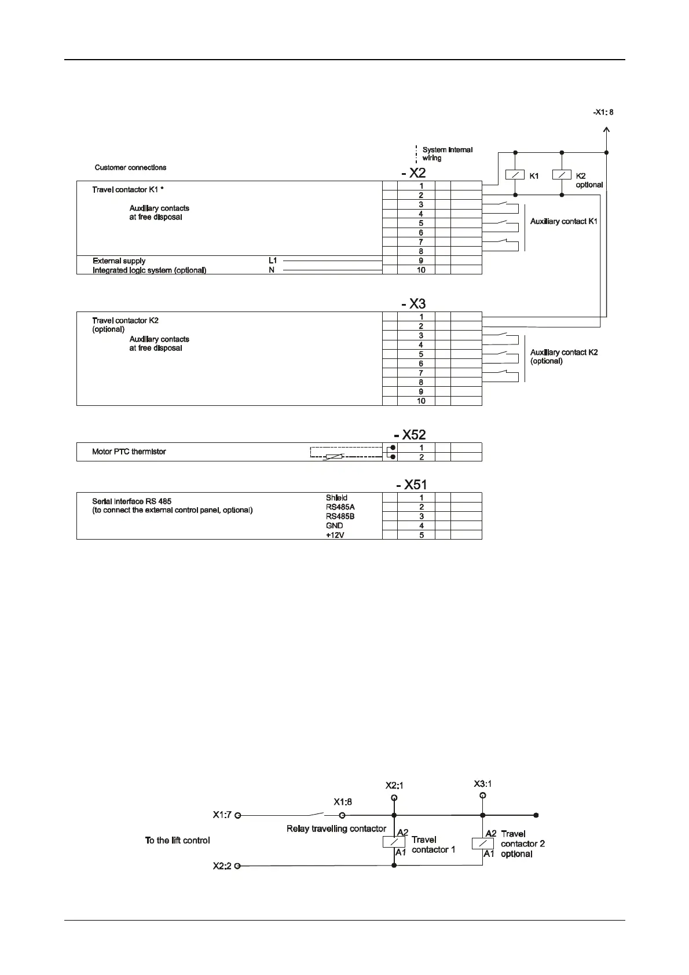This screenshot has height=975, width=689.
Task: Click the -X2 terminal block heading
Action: coord(413,173)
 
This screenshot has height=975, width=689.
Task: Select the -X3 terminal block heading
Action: coord(413,303)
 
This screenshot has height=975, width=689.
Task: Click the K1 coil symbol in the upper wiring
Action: coord(515,175)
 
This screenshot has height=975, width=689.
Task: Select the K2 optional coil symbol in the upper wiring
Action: coord(562,175)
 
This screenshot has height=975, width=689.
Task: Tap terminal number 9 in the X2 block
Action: coord(421,261)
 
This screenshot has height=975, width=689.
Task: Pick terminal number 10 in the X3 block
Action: coord(421,401)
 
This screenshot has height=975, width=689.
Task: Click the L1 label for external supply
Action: coord(273,261)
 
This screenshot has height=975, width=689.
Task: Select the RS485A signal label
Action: coord(340,507)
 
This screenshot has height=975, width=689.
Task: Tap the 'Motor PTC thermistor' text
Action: coord(129,452)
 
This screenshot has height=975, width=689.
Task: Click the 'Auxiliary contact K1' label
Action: coord(564,221)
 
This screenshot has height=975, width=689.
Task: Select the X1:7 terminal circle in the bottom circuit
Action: coord(237,815)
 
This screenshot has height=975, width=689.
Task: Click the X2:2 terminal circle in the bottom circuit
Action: coord(237,866)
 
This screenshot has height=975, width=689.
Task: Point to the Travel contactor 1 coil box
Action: coord(394,842)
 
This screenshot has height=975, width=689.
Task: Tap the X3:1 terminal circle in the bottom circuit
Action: coord(483,796)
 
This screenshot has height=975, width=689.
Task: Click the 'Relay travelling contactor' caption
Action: coord(336,829)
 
